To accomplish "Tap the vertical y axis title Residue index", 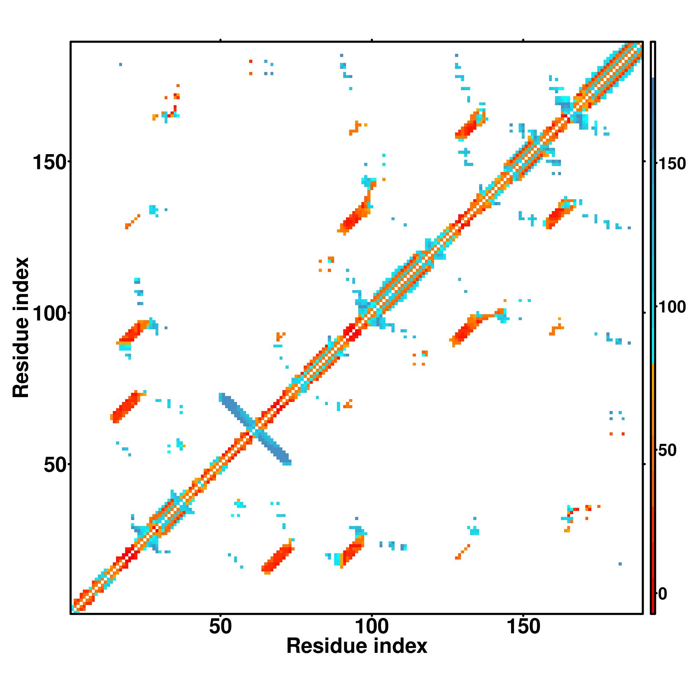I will (21, 327).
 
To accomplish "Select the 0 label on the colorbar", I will (662, 594).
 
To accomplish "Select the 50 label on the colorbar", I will (667, 451).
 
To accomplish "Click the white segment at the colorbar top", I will (653, 60).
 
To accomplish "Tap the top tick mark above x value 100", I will (372, 40).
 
